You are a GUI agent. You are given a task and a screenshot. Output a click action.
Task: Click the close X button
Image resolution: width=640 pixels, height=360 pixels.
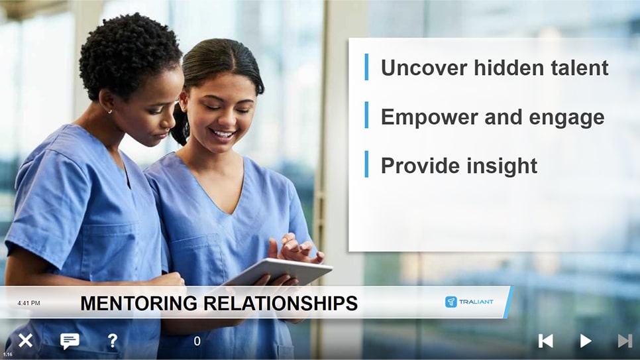tap(25, 340)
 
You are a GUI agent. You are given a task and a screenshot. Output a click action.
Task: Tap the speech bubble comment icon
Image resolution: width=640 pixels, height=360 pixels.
tap(70, 341)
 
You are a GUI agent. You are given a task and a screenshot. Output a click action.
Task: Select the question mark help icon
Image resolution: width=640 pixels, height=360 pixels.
tap(112, 340)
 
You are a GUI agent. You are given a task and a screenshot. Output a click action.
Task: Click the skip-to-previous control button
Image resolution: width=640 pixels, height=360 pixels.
tap(546, 341)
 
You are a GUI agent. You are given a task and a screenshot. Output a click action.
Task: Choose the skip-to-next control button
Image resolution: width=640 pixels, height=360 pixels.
tap(625, 341)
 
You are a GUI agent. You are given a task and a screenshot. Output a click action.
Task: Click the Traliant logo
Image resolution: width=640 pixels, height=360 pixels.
tap(469, 302)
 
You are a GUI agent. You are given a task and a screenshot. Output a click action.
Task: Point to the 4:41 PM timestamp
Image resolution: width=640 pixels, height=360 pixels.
tap(28, 303)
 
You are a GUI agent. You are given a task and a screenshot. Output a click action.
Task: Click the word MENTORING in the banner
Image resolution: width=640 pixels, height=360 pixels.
tap(138, 303)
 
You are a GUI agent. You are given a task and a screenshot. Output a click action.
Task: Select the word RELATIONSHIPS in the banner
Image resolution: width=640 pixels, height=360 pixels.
tap(280, 303)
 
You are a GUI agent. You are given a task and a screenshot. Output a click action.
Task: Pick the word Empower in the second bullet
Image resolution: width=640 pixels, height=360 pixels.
tap(429, 118)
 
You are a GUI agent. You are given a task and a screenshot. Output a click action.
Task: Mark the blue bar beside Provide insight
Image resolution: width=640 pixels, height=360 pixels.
tap(366, 164)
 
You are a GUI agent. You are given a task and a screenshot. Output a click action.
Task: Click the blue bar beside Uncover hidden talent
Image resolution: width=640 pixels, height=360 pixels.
tap(366, 66)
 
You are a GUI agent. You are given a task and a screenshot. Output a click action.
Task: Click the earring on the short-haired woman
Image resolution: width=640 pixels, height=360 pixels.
tap(110, 111)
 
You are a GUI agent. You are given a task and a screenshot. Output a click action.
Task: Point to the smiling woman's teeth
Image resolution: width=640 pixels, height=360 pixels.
tap(223, 134)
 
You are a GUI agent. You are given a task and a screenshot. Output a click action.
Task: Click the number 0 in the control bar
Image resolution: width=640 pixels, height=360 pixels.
tap(197, 341)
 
